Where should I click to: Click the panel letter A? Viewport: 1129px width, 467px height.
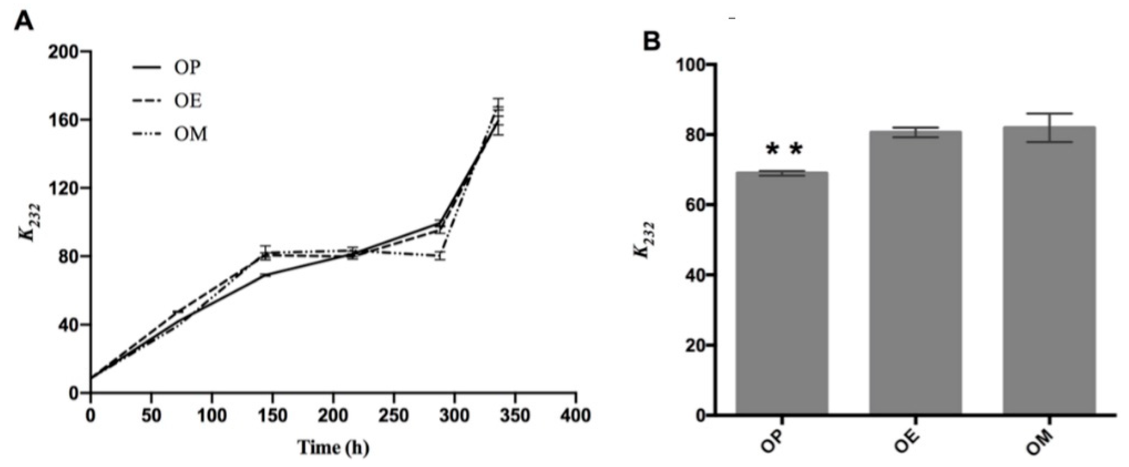24,21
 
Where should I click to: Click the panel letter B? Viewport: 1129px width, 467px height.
652,42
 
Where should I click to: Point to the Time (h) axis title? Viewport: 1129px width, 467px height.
334,448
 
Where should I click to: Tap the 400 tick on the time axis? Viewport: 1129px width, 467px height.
575,415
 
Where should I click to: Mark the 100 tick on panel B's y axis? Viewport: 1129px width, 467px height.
692,65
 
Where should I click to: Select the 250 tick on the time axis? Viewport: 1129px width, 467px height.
393,415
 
